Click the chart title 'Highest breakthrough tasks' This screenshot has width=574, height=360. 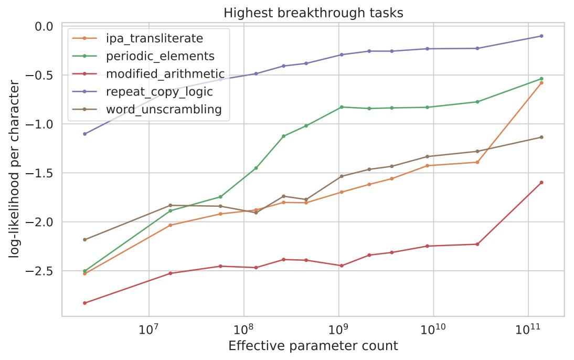pos(313,13)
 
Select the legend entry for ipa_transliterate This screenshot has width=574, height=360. pos(154,38)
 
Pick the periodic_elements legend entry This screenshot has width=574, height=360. pos(160,56)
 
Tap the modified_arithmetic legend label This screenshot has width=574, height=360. pos(165,74)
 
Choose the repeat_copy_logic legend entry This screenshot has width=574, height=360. pos(160,92)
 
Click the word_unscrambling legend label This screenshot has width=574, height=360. pos(164,110)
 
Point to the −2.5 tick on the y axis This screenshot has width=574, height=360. pos(40,271)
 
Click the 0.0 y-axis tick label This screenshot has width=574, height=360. pos(43,26)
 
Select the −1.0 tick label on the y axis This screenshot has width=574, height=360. pos(40,124)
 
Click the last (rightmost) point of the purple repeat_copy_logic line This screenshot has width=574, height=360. pos(541,36)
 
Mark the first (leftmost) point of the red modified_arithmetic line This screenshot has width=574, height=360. pos(84,303)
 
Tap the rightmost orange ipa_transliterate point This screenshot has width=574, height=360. pos(541,83)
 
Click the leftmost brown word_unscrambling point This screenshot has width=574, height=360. pos(84,240)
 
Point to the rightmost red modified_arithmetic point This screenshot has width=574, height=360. pos(541,183)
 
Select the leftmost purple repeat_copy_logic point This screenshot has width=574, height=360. pos(84,134)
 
